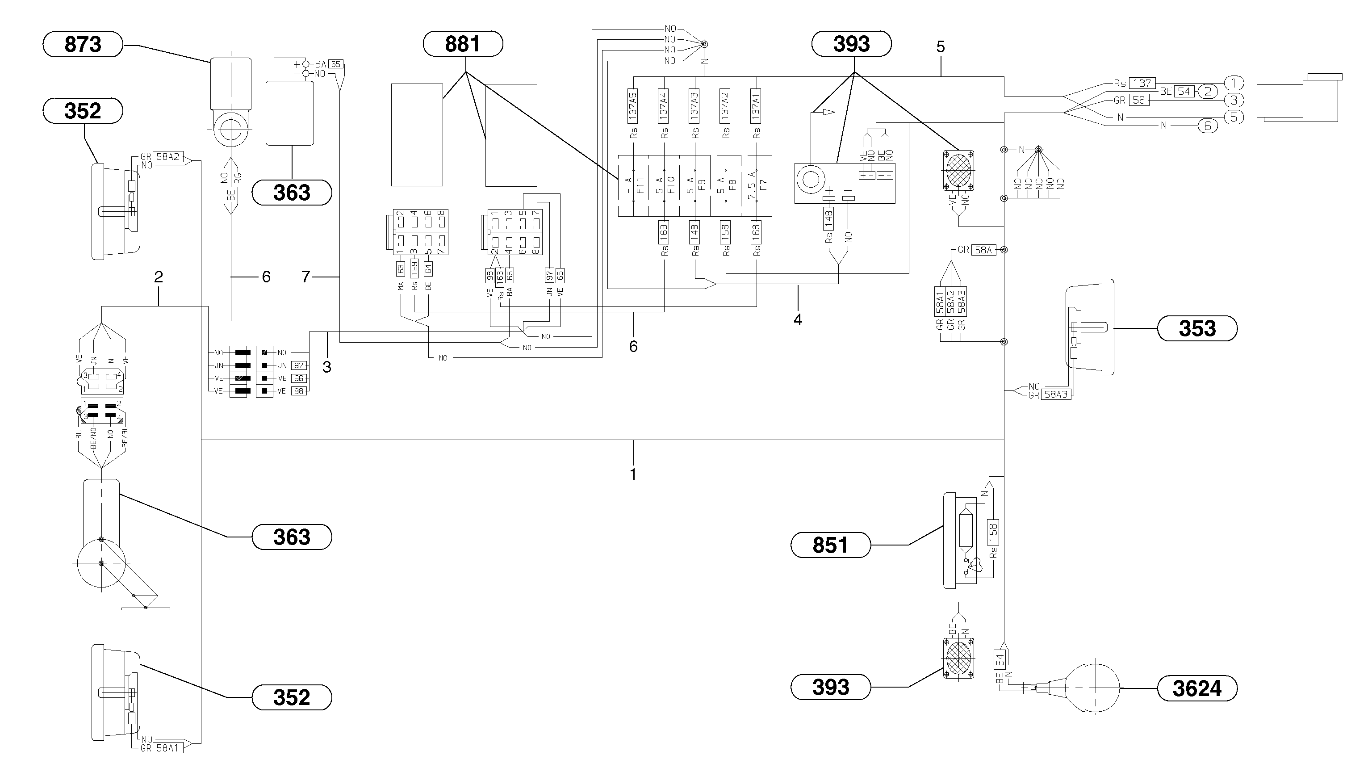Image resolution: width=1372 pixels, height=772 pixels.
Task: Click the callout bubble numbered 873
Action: (83, 44)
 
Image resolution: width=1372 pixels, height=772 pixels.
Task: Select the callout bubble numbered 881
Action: (462, 44)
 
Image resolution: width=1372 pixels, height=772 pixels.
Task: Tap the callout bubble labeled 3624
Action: (1197, 689)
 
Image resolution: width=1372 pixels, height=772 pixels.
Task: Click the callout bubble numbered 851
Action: (830, 545)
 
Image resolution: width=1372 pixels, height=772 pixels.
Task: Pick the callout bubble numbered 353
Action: (1197, 328)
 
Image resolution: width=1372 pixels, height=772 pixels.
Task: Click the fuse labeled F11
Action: (634, 185)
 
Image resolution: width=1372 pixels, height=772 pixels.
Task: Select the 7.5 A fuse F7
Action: (757, 185)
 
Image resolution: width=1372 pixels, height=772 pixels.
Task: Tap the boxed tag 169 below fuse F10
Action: (664, 232)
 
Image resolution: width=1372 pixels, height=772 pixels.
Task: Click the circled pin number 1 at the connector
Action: (1234, 83)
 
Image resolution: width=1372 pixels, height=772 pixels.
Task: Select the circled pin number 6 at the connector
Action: (1208, 126)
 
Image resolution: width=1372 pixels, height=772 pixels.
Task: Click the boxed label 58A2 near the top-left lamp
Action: (168, 157)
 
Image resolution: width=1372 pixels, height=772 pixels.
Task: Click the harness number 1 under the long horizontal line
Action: (633, 474)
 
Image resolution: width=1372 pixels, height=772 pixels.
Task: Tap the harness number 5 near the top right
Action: (941, 47)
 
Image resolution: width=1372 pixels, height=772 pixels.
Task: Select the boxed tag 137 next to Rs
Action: (1142, 83)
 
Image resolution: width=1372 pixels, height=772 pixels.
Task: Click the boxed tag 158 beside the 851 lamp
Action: (993, 532)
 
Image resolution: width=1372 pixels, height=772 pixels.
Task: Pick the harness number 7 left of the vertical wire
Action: (306, 277)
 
